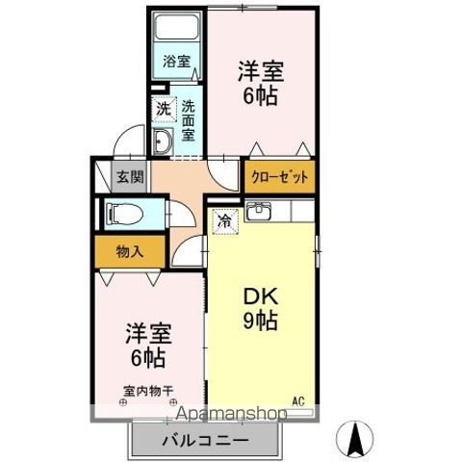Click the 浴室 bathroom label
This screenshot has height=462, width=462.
pos(175,60)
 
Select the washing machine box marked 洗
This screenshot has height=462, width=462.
pos(164,109)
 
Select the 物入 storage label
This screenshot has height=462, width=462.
pos(131,252)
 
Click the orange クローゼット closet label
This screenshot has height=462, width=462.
pos(280,176)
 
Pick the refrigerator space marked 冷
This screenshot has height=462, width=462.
pos(223,220)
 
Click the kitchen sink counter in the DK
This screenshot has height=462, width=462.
pos(279,212)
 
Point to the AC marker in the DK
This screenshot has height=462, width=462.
pos(298,399)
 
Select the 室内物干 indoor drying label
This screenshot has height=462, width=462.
pos(148,391)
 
